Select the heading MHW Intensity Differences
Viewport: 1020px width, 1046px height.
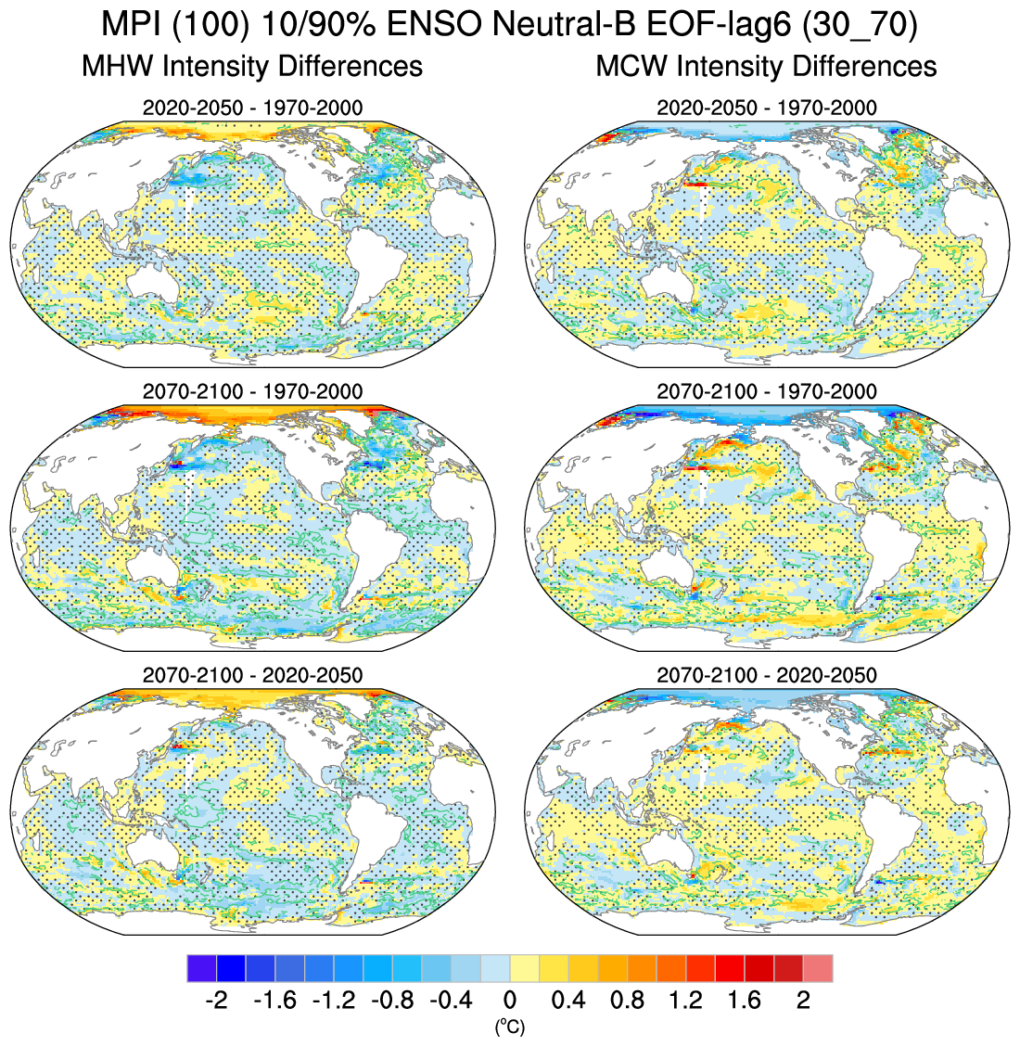[252, 66]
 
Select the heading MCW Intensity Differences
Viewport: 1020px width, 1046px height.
[766, 66]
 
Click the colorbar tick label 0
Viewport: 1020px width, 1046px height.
[510, 1001]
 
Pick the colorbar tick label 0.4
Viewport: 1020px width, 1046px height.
[568, 1001]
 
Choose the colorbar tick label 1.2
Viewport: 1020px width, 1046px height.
[686, 1001]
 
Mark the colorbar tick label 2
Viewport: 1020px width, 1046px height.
[804, 1001]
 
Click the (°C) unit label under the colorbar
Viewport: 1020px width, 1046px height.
[510, 1026]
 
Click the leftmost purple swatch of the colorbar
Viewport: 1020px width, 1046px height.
[201, 968]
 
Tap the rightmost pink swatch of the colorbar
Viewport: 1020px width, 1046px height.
[818, 968]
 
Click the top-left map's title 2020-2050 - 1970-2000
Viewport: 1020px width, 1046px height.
[252, 108]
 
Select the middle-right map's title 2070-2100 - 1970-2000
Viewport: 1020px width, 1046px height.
[766, 391]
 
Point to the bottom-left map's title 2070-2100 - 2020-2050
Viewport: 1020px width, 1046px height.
[252, 675]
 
